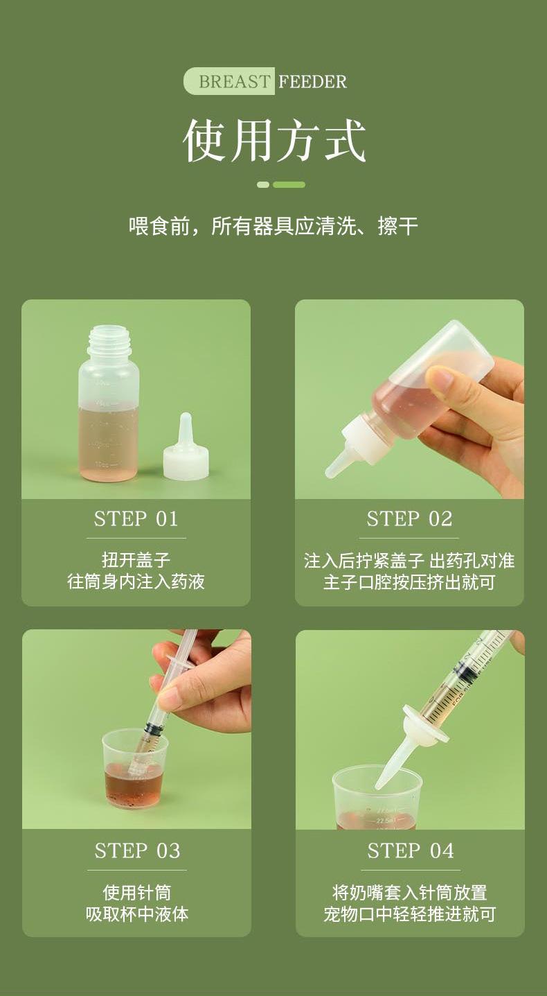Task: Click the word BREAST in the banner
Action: tap(234, 82)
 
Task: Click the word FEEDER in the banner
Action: tap(312, 82)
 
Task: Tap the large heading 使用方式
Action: tap(274, 140)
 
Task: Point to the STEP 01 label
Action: tap(136, 519)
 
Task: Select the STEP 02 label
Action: tap(409, 519)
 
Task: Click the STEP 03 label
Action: tap(137, 850)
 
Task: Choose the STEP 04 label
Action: tap(410, 850)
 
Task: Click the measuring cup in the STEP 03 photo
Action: tap(134, 769)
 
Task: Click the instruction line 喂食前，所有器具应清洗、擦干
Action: tap(273, 226)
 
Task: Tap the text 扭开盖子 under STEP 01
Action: tap(136, 560)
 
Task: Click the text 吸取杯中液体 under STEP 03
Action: tap(137, 914)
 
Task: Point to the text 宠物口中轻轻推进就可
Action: tap(410, 914)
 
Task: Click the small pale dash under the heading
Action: tap(263, 184)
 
